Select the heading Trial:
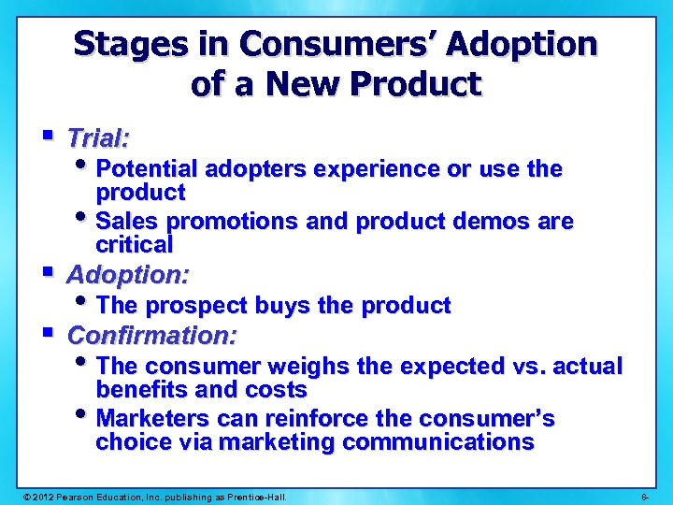pyautogui.click(x=98, y=139)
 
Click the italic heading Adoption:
pyautogui.click(x=128, y=275)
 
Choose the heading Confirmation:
pyautogui.click(x=152, y=335)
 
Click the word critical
pyautogui.click(x=135, y=245)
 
